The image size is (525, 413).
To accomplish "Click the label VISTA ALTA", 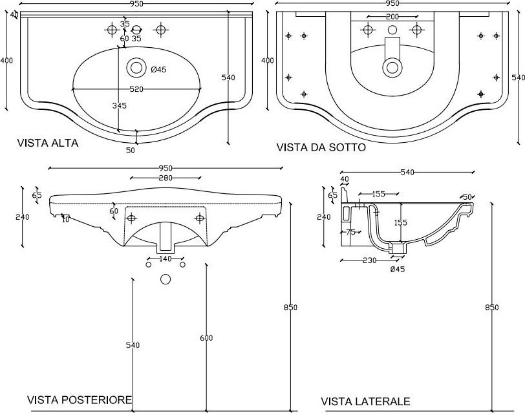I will coord(47,143).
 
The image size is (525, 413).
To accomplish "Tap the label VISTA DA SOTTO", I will coord(321,147).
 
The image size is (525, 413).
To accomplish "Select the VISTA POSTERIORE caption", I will coord(80,400).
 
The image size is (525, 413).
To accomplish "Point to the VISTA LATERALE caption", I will coord(365,401).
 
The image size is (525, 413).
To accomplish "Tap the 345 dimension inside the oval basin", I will coord(118,105).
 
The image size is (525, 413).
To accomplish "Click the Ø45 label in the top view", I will coord(158,70).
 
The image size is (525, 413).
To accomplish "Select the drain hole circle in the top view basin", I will coord(136,66).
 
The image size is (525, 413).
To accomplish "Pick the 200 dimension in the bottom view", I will coord(392,16).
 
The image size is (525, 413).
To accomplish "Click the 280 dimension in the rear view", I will coord(166,178).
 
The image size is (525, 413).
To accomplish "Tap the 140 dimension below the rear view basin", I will coord(165,259).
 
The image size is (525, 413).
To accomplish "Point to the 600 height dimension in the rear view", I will coord(206,339).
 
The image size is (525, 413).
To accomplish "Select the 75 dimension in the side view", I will coord(350,232).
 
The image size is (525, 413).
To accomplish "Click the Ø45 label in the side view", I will coord(397,270).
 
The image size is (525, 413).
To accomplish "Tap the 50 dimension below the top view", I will coord(131,151).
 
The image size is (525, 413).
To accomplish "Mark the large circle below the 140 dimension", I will coord(166,280).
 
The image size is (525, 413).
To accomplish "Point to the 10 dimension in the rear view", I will coord(65,219).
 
